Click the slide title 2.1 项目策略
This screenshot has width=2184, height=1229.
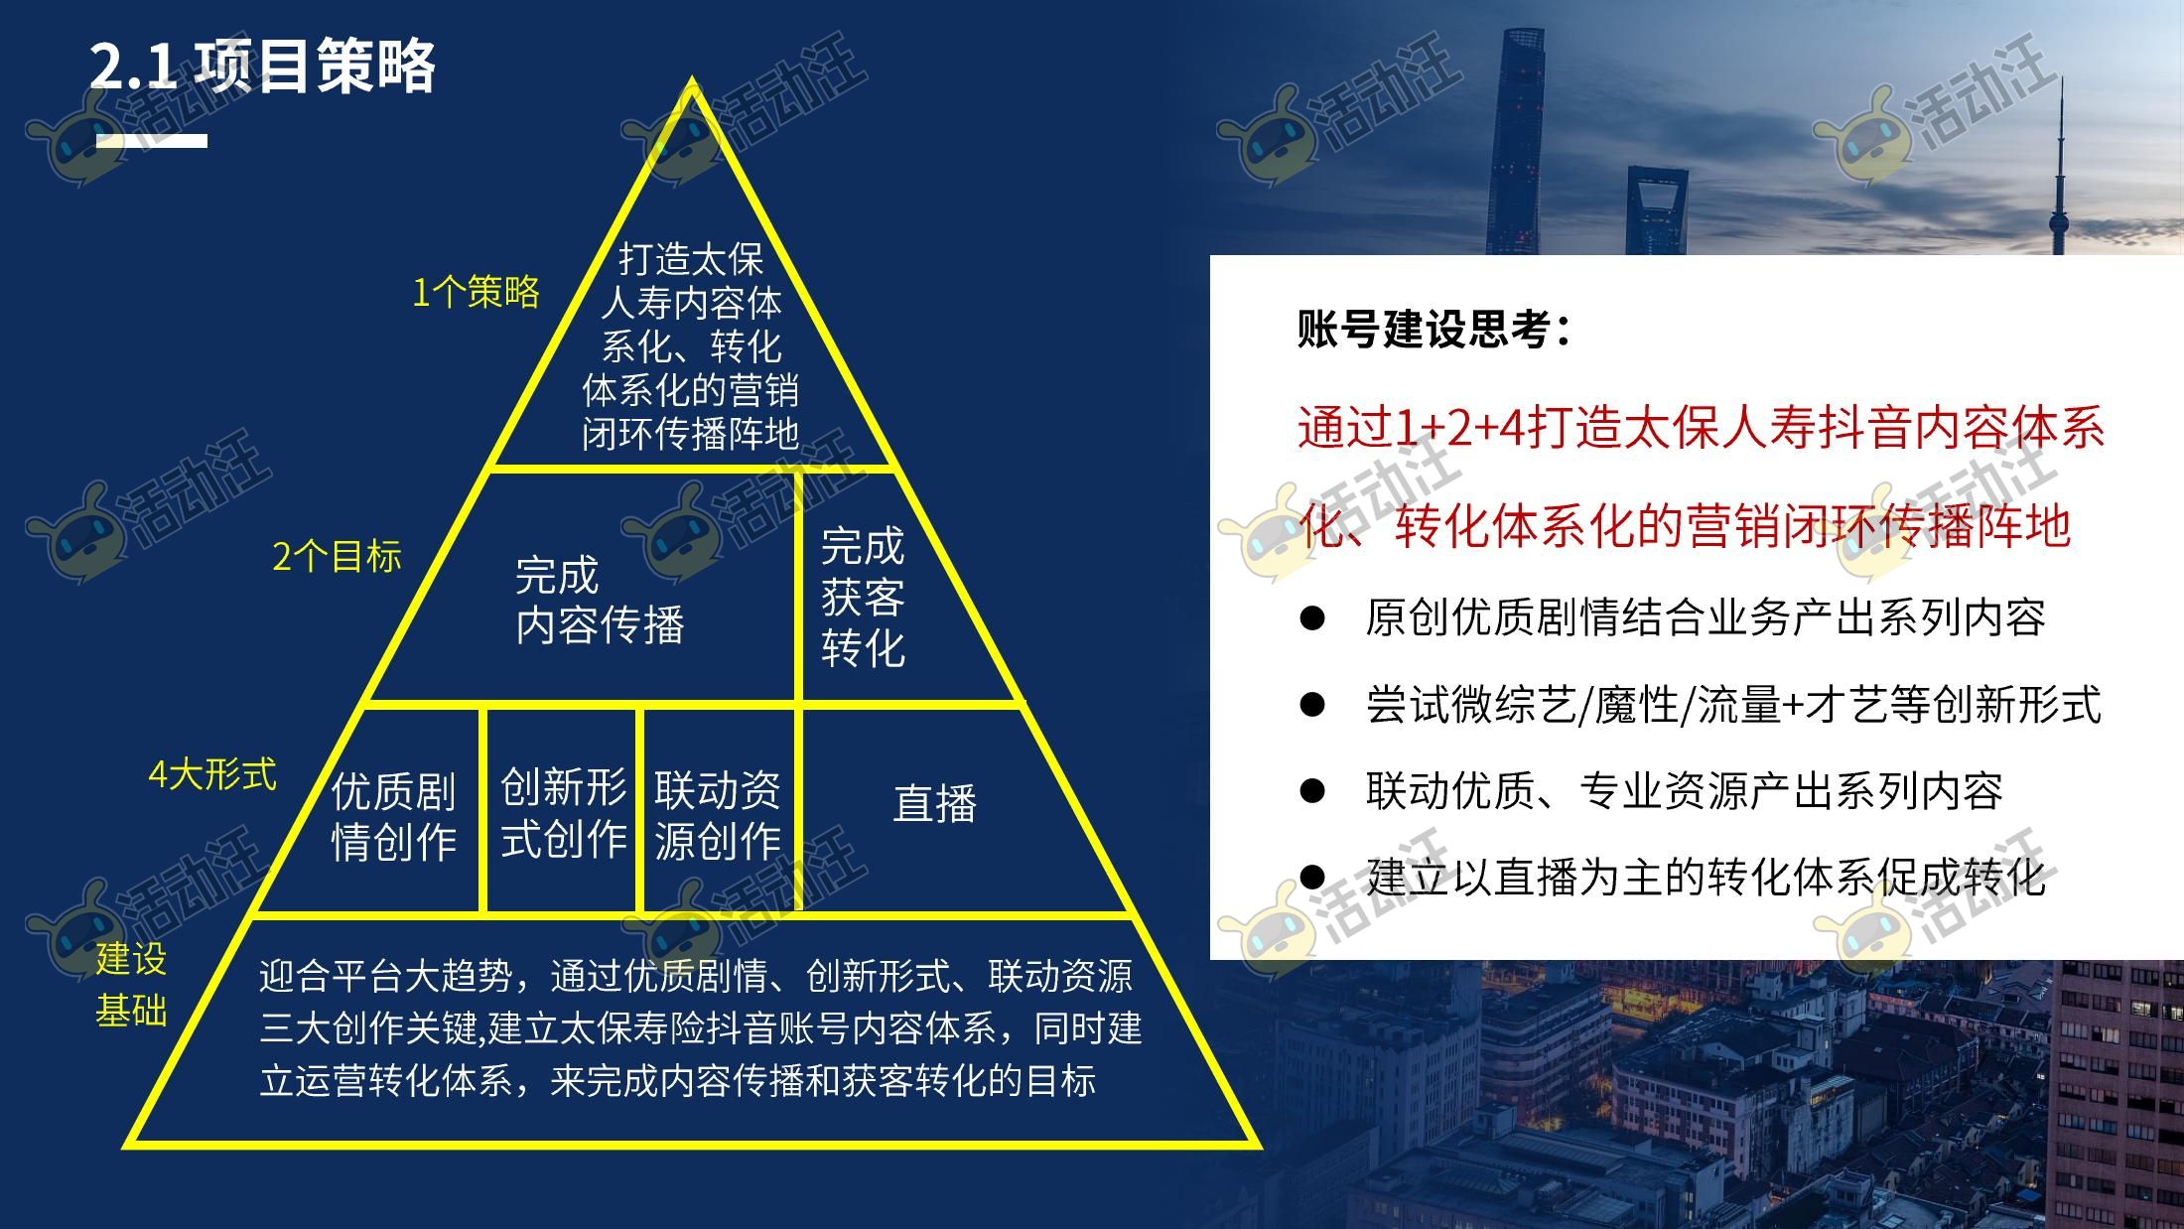coord(263,68)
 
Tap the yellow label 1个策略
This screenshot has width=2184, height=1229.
coord(476,292)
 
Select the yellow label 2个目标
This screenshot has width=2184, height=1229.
coord(337,556)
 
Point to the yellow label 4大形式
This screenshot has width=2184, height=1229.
coord(212,774)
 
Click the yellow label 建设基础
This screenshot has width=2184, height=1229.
coord(131,985)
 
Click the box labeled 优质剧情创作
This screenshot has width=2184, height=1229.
coord(393,809)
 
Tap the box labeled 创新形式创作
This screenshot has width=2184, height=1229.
coord(562,809)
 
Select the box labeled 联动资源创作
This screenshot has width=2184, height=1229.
coord(719,809)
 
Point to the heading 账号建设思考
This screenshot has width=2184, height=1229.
coord(1433,329)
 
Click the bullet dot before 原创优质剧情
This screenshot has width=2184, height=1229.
coord(1312,618)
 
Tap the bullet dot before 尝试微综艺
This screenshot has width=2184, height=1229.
coord(1312,705)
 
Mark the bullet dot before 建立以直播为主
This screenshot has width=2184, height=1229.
coord(1312,877)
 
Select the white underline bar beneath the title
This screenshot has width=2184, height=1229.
coord(151,141)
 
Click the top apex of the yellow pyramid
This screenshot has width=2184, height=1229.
coord(692,79)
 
